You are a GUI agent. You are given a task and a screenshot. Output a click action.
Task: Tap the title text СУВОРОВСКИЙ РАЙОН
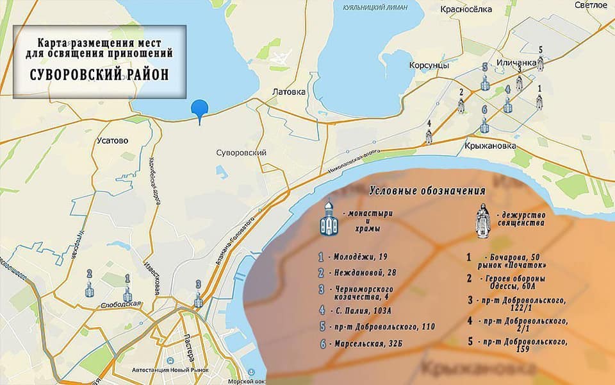coord(99,74)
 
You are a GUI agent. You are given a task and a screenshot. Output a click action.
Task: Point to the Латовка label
coord(290,92)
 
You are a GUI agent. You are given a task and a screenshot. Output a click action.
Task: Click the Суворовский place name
coord(242,153)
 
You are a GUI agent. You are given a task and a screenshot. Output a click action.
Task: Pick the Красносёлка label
coord(466,9)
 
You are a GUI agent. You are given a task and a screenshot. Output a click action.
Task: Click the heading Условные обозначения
coord(427,191)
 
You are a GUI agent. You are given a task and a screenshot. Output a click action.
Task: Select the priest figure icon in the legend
coord(482,218)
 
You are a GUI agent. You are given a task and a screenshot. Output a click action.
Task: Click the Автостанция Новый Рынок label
coord(172,371)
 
